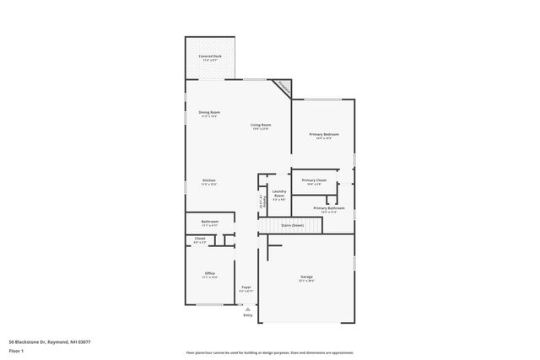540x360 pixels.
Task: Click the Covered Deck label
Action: [x=210, y=56]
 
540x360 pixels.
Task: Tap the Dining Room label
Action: [x=209, y=112]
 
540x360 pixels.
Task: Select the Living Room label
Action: [x=260, y=125]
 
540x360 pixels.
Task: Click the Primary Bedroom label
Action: [x=324, y=134]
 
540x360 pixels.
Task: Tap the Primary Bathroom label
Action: [x=329, y=208]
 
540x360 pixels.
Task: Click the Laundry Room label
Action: [x=278, y=195]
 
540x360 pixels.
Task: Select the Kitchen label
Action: [x=209, y=180]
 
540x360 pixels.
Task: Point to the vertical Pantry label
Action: [x=261, y=201]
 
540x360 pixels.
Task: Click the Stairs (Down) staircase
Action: [x=292, y=226]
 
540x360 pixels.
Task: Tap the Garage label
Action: [x=306, y=277]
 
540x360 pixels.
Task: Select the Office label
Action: [x=209, y=273]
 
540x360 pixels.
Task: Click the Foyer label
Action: [x=246, y=287]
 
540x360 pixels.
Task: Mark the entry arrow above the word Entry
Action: [x=247, y=307]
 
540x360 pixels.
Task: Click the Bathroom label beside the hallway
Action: [x=209, y=222]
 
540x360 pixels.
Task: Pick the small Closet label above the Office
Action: [x=200, y=239]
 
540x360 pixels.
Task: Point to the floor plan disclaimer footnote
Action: [x=269, y=352]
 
